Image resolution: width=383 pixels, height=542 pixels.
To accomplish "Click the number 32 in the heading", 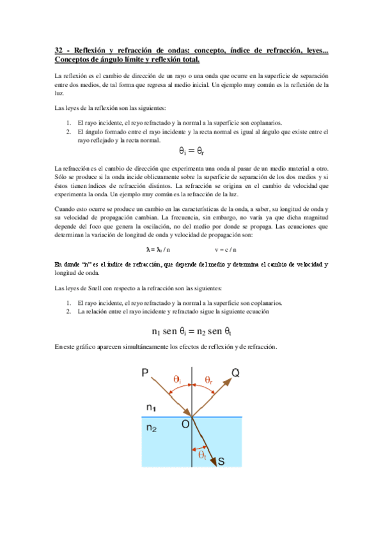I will pyautogui.click(x=59, y=50).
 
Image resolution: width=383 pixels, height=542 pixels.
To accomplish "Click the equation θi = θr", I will pyautogui.click(x=191, y=151).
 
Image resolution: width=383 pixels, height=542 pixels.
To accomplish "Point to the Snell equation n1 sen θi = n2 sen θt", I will pyautogui.click(x=191, y=331).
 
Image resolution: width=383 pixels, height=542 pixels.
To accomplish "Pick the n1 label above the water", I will pyautogui.click(x=151, y=407).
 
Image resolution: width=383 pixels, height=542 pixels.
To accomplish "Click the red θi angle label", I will pyautogui.click(x=178, y=380).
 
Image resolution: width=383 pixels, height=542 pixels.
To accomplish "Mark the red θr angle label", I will pyautogui.click(x=209, y=380).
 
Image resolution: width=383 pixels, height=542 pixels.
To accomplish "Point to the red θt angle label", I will pyautogui.click(x=202, y=455).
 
